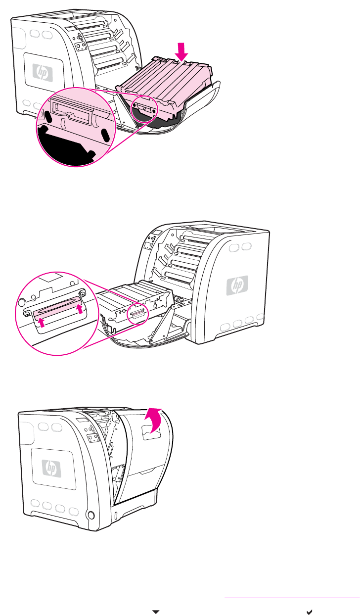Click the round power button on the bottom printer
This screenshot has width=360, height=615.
(x=90, y=515)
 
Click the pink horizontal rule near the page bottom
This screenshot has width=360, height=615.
(x=292, y=598)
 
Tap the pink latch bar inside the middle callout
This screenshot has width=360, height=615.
(x=55, y=313)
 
